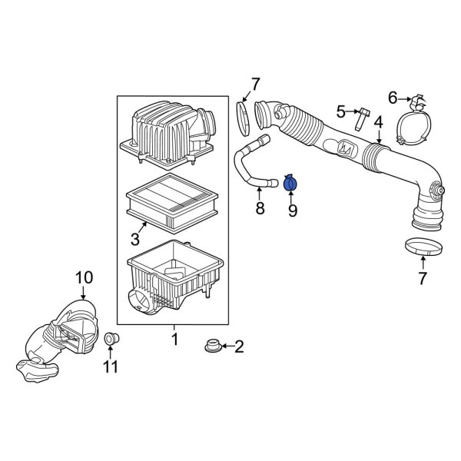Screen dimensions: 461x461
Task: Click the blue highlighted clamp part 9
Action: coord(292,184)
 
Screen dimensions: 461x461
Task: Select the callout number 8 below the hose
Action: coord(259,208)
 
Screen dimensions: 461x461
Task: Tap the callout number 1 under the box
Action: coord(174,339)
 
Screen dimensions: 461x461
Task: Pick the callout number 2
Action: coord(238,347)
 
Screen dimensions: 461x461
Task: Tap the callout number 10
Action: coord(83,277)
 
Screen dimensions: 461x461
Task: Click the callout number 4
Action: coord(378,122)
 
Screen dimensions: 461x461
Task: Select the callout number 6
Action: coord(393,97)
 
